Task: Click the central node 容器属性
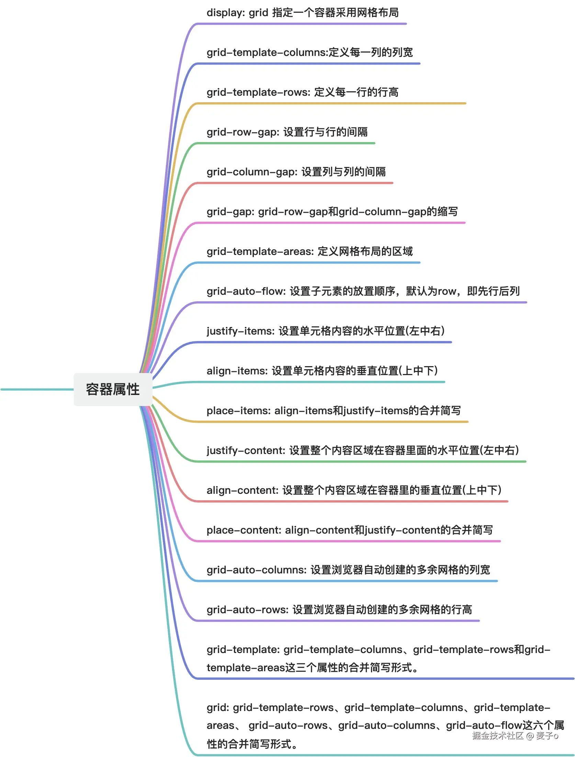pyautogui.click(x=113, y=389)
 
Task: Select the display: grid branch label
pyautogui.click(x=302, y=13)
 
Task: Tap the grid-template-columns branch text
pyautogui.click(x=309, y=53)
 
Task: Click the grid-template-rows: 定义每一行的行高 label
pyautogui.click(x=302, y=92)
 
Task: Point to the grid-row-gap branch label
pyautogui.click(x=287, y=132)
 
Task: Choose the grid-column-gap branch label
pyautogui.click(x=296, y=172)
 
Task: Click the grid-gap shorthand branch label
pyautogui.click(x=332, y=212)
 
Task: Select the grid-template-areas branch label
pyautogui.click(x=309, y=252)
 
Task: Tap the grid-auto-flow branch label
pyautogui.click(x=363, y=291)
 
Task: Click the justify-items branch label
pyautogui.click(x=325, y=331)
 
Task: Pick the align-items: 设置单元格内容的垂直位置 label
pyautogui.click(x=322, y=371)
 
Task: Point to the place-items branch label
pyautogui.click(x=333, y=411)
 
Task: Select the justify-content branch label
pyautogui.click(x=362, y=451)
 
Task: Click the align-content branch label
pyautogui.click(x=354, y=490)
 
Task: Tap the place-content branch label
pyautogui.click(x=349, y=530)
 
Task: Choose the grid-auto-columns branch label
pyautogui.click(x=348, y=570)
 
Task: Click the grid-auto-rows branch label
pyautogui.click(x=339, y=610)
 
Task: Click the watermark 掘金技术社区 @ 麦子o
pyautogui.click(x=515, y=736)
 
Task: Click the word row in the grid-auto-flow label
pyautogui.click(x=447, y=292)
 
